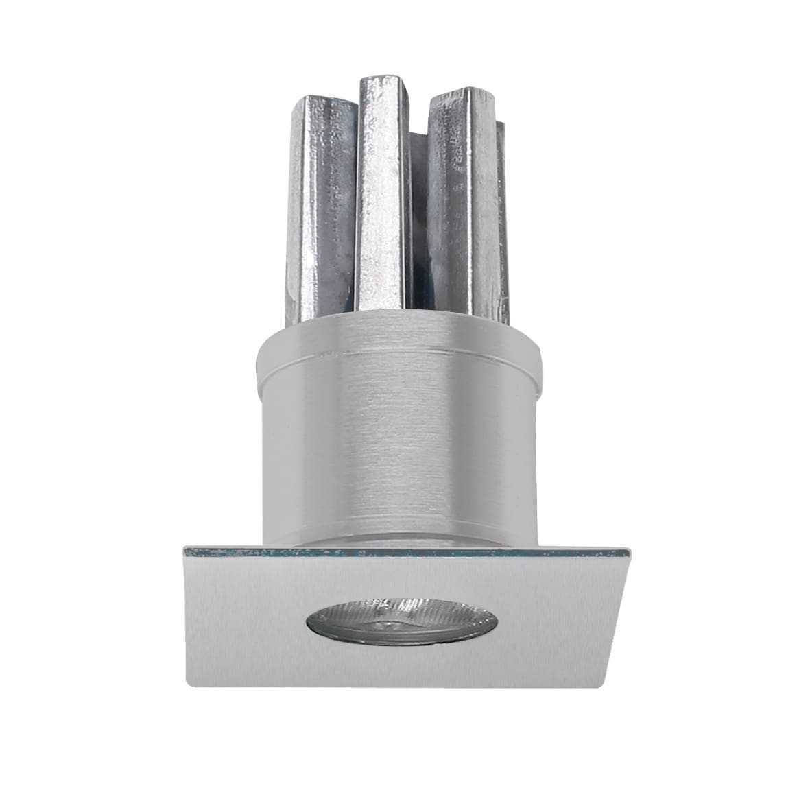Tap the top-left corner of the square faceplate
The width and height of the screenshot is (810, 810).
coord(182,547)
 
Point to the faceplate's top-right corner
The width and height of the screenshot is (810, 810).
coord(626,549)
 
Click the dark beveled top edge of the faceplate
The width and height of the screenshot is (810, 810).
coord(405,551)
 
